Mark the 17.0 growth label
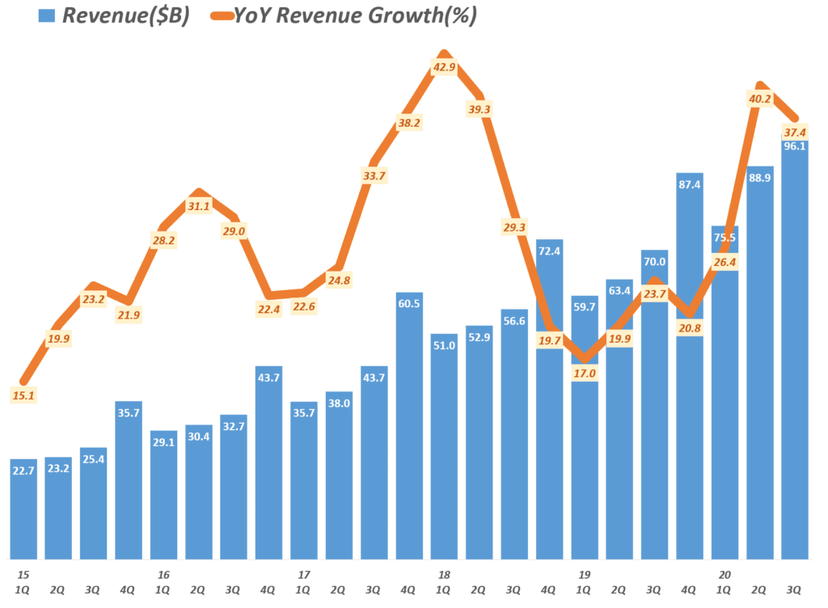(584, 374)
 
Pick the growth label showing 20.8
(689, 327)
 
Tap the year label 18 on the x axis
(443, 575)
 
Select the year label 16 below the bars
(163, 575)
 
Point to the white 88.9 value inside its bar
(760, 178)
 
